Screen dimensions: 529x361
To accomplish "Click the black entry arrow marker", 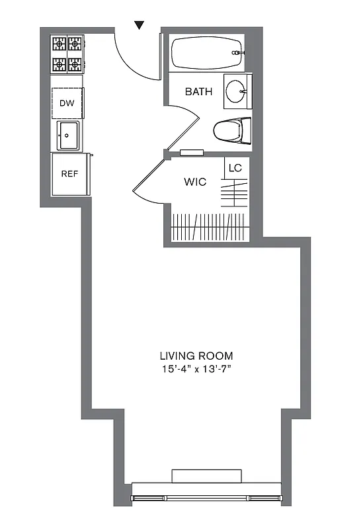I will coord(139,25).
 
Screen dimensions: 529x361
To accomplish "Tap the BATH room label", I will coord(198,92).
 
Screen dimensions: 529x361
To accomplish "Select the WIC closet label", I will coord(196,181).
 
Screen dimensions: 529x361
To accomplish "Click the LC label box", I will coord(235,168).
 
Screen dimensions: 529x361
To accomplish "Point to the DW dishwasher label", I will coord(67,103).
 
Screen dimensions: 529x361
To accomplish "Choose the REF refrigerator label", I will coord(70,175).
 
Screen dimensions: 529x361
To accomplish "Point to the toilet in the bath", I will coord(232,130).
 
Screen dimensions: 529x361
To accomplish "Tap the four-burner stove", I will coord(68,54).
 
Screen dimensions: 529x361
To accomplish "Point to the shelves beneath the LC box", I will coord(235,195).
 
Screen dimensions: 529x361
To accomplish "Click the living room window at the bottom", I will coord(206,497).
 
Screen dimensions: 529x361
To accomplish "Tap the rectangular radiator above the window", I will coord(206,476).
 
